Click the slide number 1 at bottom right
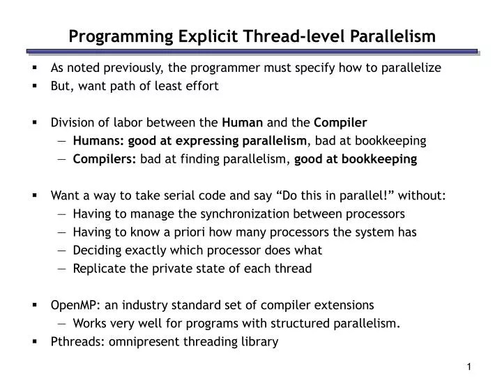click(x=470, y=368)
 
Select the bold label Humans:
click(x=98, y=141)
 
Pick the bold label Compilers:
click(x=105, y=159)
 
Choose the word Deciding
click(x=96, y=251)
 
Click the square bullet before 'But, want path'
click(x=34, y=86)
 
